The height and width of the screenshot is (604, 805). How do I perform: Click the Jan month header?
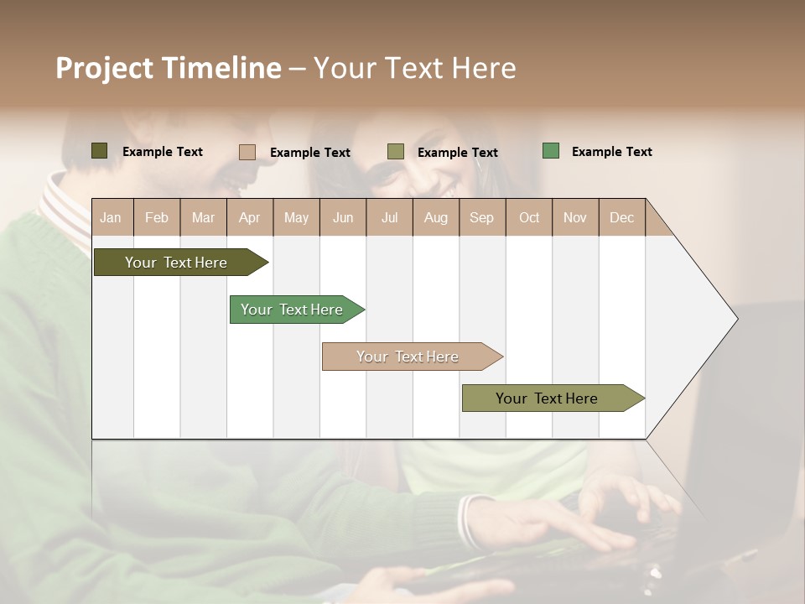coord(112,217)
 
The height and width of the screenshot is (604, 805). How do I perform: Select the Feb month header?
coord(157,217)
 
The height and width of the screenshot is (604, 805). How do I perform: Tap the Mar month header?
coord(203,217)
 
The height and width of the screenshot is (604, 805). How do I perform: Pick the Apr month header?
coord(250,217)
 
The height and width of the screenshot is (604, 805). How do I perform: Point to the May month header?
coord(296,217)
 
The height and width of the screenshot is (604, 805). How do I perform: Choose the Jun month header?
coord(343,217)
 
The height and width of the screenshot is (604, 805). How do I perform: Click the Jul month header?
coord(389,217)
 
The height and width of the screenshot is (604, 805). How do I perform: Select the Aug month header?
coord(436,217)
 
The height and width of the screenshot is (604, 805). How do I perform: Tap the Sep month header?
coord(482,217)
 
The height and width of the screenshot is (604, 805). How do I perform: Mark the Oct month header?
coord(529,217)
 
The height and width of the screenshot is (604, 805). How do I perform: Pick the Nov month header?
coord(575,217)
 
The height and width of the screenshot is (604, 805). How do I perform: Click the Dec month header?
coord(622,217)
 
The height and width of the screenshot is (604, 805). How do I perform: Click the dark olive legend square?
coord(100,151)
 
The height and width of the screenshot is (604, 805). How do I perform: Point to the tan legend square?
coord(247,152)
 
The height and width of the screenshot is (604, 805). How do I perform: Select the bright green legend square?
coord(551,151)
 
